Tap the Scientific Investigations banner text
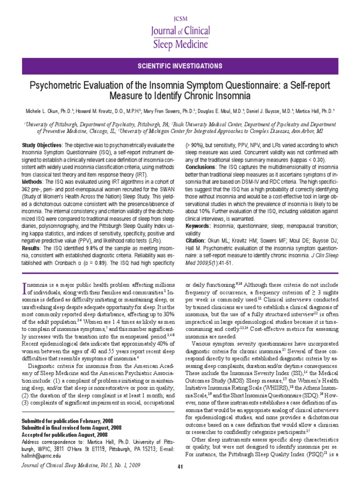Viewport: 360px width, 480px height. point(180,67)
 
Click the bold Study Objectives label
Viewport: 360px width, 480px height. point(42,145)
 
